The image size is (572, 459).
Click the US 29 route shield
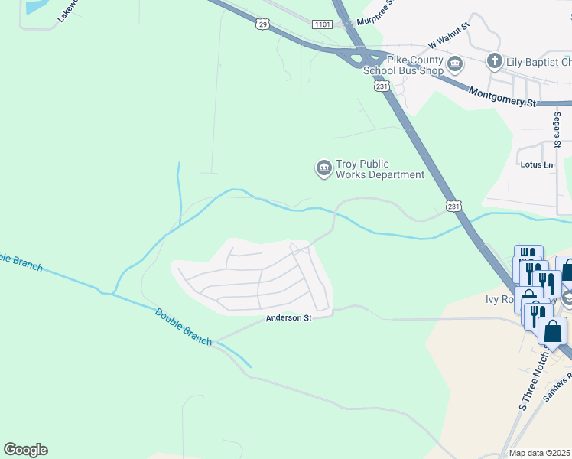coord(262,24)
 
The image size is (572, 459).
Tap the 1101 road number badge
coord(321,25)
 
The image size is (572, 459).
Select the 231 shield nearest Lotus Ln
coord(453,206)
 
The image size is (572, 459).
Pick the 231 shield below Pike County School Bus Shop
coord(382,86)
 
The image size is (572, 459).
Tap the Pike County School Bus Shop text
coord(403,66)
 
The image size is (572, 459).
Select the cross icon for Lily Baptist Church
coord(494,60)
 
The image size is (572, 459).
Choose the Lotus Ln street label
coord(536,164)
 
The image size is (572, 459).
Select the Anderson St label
coord(288,318)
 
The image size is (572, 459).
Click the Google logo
coord(25,450)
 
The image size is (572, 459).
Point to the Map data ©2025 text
coord(539,453)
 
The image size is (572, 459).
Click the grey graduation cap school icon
coord(567,297)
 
